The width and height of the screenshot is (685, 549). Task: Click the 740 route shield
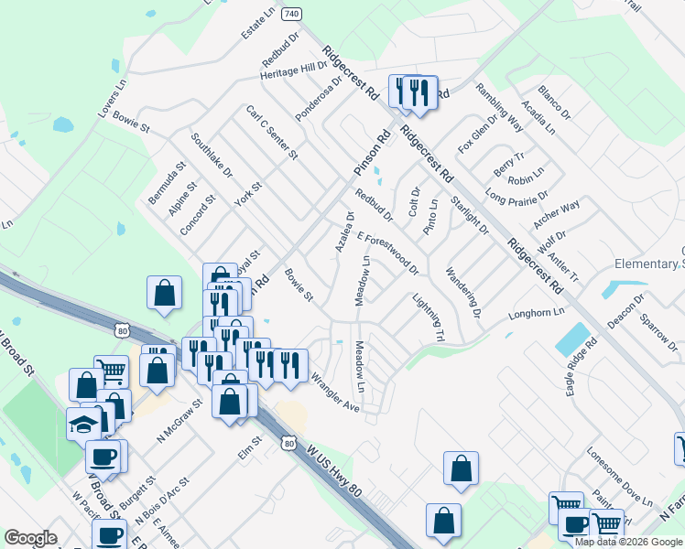291,15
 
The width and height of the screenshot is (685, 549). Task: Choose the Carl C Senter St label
272,132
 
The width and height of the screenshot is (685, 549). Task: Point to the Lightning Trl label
429,318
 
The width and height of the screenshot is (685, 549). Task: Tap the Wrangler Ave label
335,393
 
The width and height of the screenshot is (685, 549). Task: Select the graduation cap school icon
83,423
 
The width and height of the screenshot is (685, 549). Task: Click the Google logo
30,538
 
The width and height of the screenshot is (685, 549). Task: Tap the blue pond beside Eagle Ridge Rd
572,339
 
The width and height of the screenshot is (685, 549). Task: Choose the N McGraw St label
179,425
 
